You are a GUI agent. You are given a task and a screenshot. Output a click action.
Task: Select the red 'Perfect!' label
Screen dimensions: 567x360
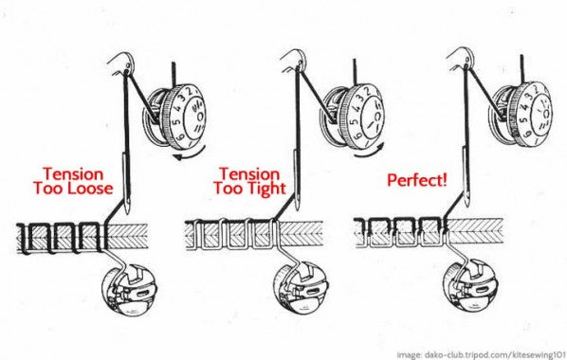click(x=417, y=180)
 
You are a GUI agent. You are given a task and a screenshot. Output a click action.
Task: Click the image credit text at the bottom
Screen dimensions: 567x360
click(x=482, y=354)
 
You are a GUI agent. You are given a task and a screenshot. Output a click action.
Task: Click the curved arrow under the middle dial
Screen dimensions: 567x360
click(x=369, y=153)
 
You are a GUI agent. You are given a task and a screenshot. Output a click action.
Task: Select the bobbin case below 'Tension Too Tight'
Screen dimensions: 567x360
click(x=301, y=288)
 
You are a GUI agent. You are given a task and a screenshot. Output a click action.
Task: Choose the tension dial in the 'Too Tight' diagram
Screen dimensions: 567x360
click(x=354, y=116)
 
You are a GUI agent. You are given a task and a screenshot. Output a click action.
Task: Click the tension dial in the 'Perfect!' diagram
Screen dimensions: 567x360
click(x=521, y=115)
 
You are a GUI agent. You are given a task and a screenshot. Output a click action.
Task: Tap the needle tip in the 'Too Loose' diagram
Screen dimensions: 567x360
click(x=127, y=213)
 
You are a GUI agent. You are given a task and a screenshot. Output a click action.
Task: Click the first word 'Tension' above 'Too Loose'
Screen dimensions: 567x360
click(x=73, y=174)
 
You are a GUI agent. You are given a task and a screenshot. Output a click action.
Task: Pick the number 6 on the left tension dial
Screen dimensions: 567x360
click(x=180, y=137)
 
